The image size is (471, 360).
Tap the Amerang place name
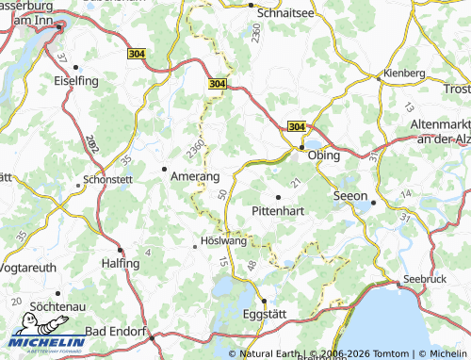click(x=196, y=176)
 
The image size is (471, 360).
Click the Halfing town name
click(x=120, y=264)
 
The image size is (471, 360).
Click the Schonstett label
click(x=107, y=178)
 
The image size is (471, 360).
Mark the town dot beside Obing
click(x=301, y=148)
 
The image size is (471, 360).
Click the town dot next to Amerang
click(x=165, y=170)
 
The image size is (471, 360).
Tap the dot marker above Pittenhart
click(x=278, y=197)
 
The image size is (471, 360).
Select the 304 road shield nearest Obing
click(x=296, y=126)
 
